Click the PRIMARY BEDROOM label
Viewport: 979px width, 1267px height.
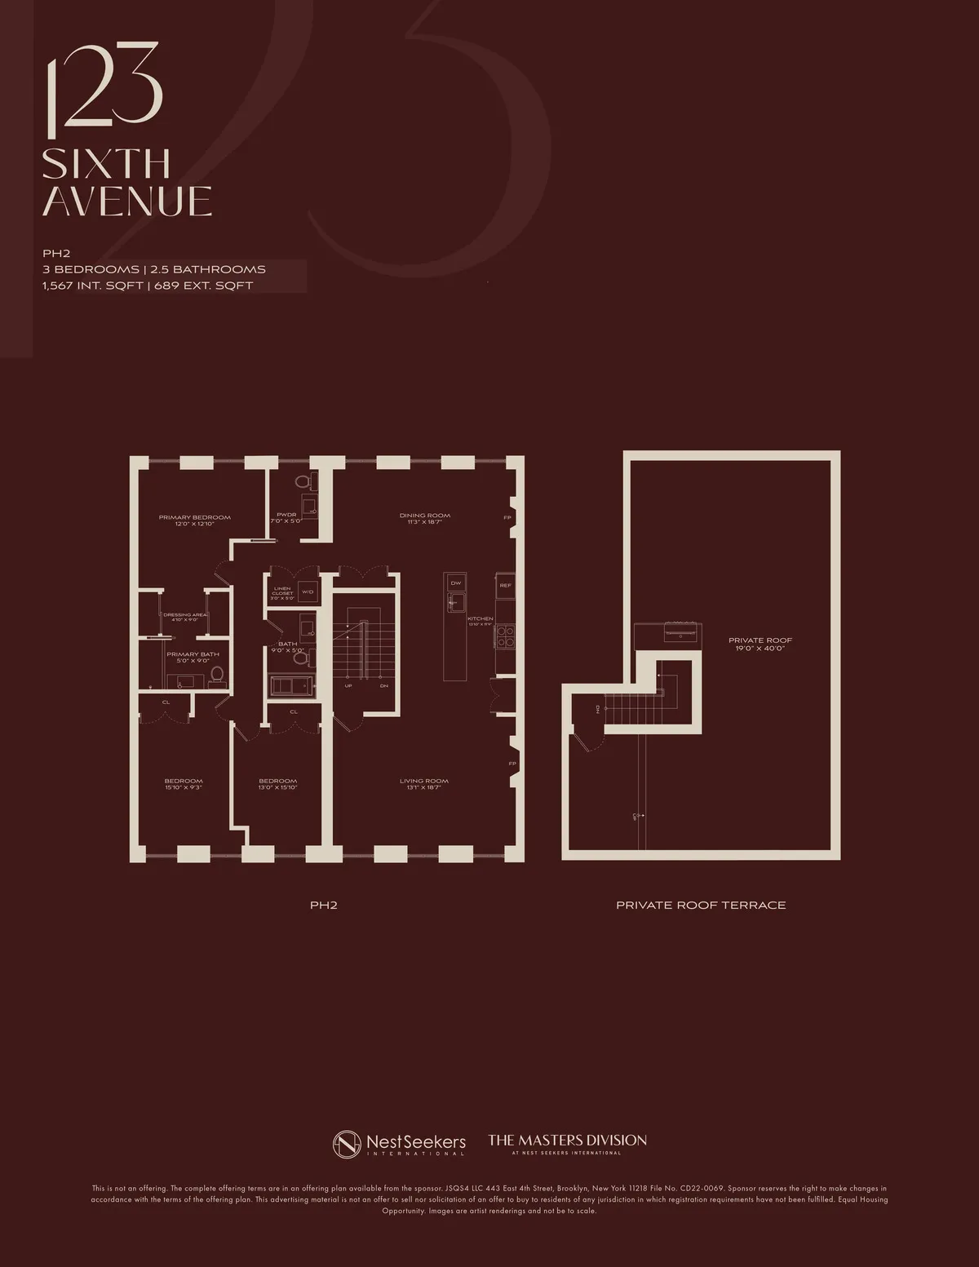click(194, 517)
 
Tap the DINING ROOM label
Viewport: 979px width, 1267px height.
click(424, 516)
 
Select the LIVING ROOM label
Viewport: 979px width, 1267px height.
click(423, 781)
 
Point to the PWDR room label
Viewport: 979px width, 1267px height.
click(286, 516)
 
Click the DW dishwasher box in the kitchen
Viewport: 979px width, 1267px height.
click(455, 583)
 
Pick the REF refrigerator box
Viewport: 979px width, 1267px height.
click(505, 585)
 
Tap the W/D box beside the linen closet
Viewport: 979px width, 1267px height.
click(308, 591)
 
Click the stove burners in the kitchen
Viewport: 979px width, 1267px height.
click(505, 636)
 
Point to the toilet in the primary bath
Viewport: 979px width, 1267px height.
click(216, 674)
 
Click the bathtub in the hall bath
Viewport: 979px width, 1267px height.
click(289, 686)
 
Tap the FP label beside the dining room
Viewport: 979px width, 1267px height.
click(507, 517)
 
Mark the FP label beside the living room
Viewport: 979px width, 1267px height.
click(512, 764)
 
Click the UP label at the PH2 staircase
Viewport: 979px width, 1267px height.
click(348, 685)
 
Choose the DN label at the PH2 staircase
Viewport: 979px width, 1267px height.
click(383, 685)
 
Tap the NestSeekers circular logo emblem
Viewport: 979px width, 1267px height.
click(347, 1144)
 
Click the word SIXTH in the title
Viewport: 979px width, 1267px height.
click(106, 165)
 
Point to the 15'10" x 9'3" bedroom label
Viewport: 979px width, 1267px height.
click(184, 784)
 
